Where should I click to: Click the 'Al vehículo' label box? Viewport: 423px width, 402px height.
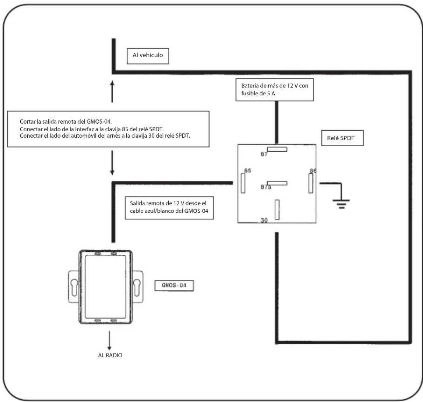tap(148, 56)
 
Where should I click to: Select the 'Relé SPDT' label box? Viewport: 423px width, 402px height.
tap(342, 138)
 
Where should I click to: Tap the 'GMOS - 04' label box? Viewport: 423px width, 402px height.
tap(174, 286)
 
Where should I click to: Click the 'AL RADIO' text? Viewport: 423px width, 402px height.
tap(110, 355)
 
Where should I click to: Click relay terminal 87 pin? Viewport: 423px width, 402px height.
tap(277, 149)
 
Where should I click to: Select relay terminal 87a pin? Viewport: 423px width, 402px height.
tap(277, 183)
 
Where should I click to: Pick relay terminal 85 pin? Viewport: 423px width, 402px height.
tap(243, 183)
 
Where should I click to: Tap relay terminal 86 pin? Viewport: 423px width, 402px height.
tap(311, 183)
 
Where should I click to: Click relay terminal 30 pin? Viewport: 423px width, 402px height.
tap(277, 210)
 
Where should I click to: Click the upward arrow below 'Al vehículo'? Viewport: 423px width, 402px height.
tap(112, 92)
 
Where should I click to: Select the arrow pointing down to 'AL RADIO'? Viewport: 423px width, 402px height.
tap(109, 341)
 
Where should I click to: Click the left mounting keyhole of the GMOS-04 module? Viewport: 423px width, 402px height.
tap(74, 287)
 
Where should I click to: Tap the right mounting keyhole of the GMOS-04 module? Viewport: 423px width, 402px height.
tap(137, 287)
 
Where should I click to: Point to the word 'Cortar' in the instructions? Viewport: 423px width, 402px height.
tap(28, 122)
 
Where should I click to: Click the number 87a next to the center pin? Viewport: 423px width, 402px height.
tap(266, 187)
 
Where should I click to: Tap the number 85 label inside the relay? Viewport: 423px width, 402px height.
tap(248, 170)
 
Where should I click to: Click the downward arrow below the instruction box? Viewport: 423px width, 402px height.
tap(112, 163)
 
